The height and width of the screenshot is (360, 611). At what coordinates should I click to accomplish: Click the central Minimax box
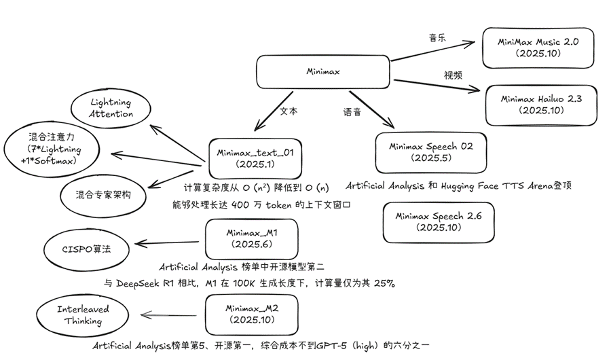323,72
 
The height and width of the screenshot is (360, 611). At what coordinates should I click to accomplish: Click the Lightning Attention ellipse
111,109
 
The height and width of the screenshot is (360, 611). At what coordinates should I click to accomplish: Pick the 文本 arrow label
289,111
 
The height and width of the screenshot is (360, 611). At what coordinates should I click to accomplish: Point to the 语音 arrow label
352,111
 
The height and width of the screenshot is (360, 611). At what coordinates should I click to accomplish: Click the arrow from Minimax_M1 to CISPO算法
169,242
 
